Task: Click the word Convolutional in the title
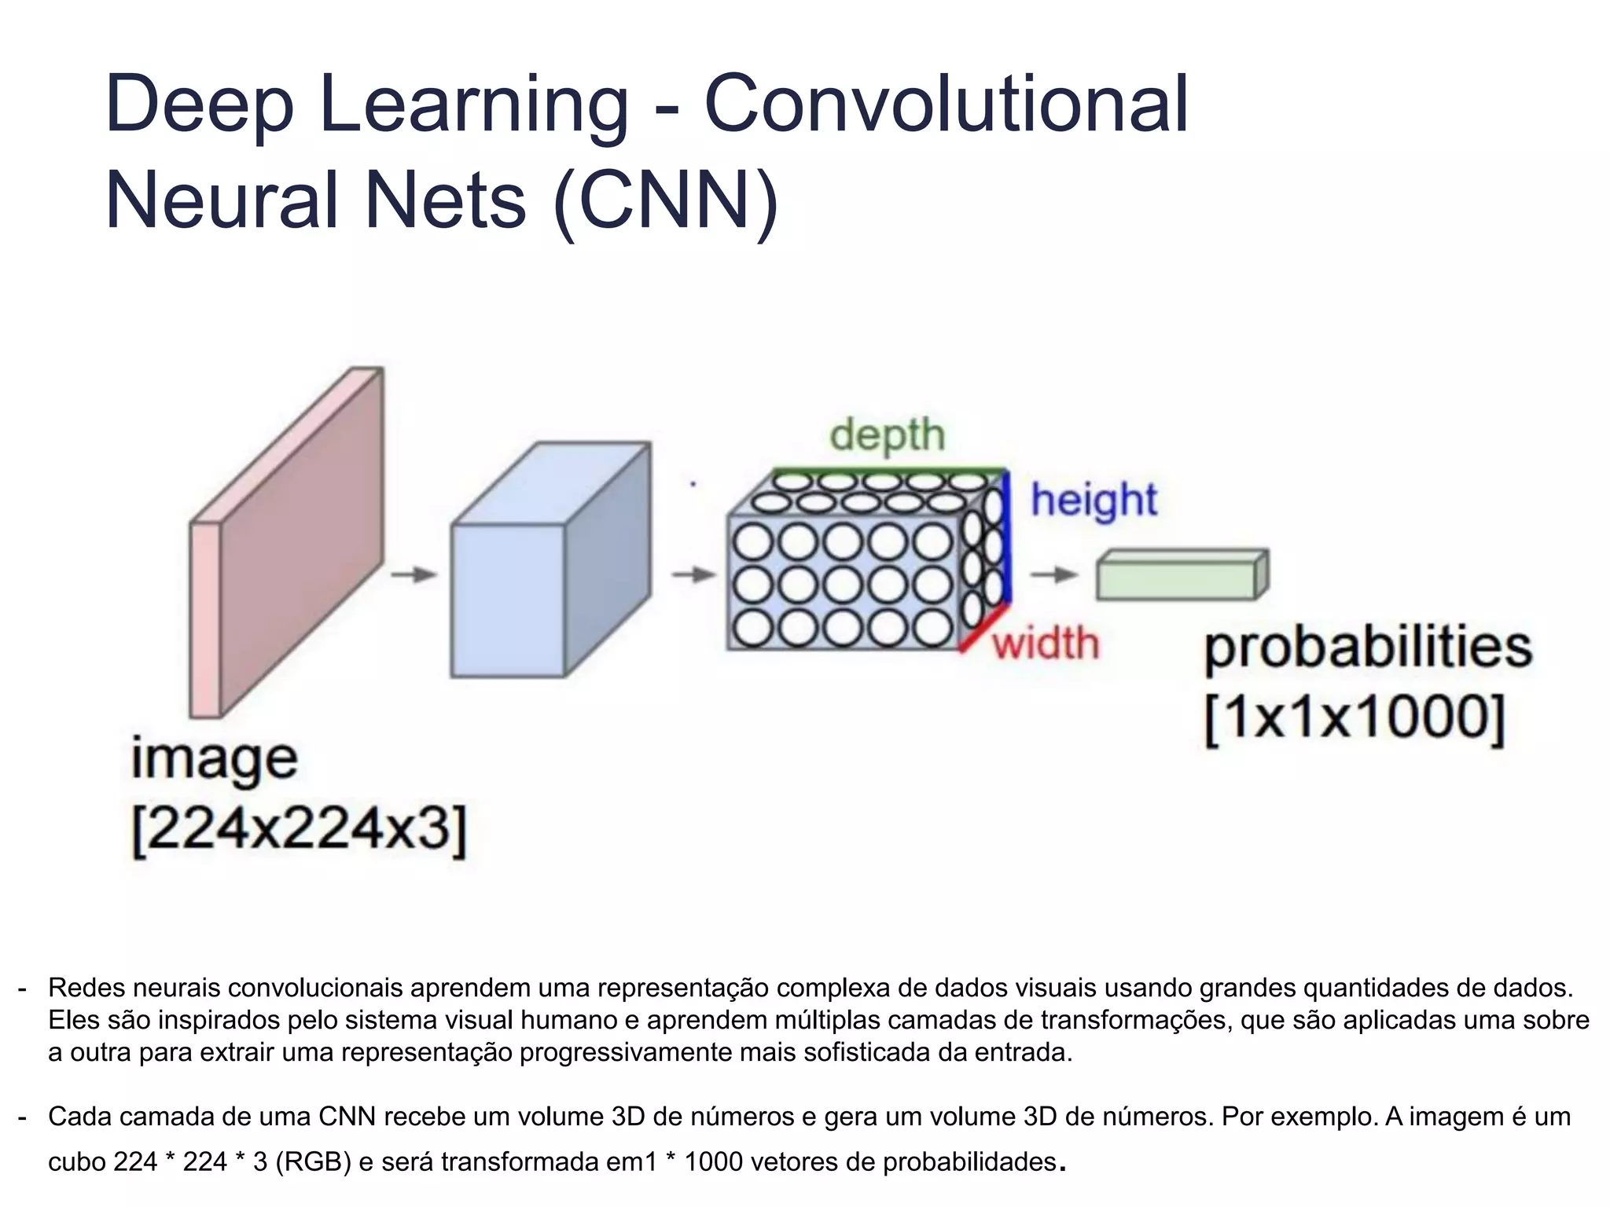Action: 946,105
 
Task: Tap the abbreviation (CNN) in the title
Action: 666,201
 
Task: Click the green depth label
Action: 887,435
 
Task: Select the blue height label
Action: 1094,501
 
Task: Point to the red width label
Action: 1045,644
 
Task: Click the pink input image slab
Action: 299,542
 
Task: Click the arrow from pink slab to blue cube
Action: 414,574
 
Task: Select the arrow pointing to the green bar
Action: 1054,574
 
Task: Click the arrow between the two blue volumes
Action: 694,574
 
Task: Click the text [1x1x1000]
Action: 1354,717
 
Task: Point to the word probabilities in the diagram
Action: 1368,648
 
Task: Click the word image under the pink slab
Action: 214,760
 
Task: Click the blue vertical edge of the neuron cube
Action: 1007,538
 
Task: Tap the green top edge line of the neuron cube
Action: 888,471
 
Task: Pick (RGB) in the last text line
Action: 312,1161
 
